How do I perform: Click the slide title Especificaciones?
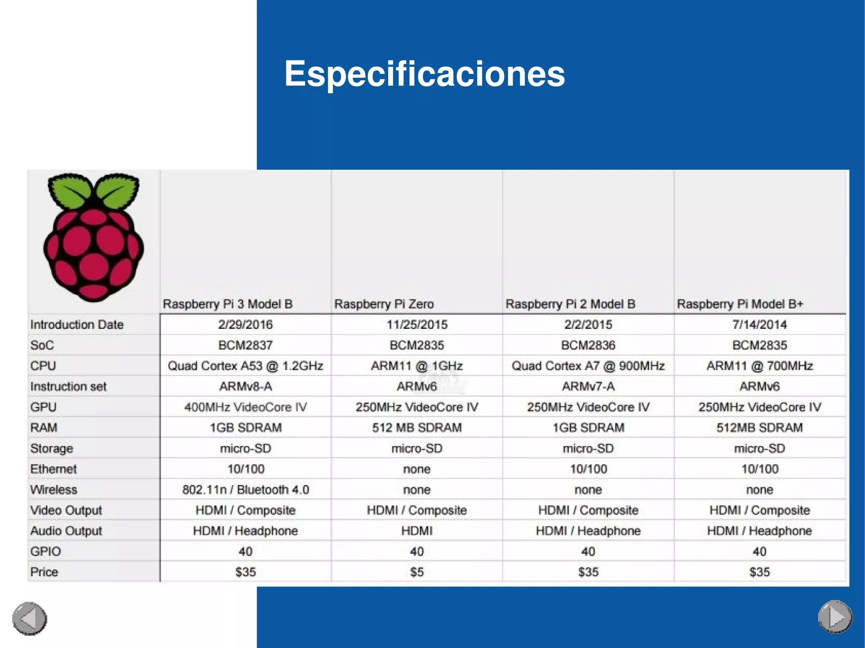(424, 74)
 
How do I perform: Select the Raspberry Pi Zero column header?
(384, 304)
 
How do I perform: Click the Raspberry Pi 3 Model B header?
(228, 304)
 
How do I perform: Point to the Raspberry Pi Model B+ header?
(740, 304)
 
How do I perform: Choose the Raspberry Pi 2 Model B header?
(570, 304)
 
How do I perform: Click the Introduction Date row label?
(77, 325)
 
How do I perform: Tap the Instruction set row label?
(68, 386)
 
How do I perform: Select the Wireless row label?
(54, 490)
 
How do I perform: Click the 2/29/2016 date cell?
(245, 325)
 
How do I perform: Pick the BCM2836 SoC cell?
(588, 345)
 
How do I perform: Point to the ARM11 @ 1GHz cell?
(417, 366)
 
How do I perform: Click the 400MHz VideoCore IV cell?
(245, 407)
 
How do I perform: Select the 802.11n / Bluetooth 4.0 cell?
(245, 490)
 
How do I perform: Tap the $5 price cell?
(417, 572)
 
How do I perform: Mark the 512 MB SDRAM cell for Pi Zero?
(417, 428)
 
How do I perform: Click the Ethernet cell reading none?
(417, 469)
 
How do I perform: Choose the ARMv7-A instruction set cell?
(588, 386)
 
